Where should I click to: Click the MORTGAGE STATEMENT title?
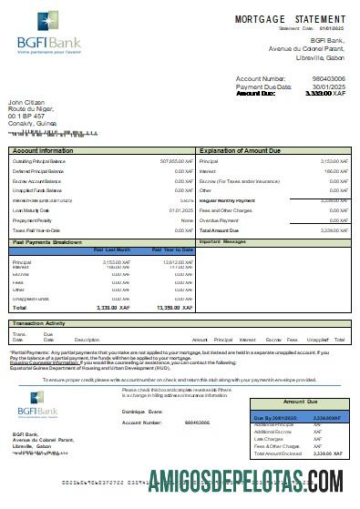[290, 18]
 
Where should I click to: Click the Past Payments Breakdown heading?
[48, 242]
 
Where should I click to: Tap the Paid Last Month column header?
[112, 249]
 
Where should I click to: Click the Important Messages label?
[222, 242]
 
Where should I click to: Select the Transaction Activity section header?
[37, 322]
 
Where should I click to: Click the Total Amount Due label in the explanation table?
[221, 231]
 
